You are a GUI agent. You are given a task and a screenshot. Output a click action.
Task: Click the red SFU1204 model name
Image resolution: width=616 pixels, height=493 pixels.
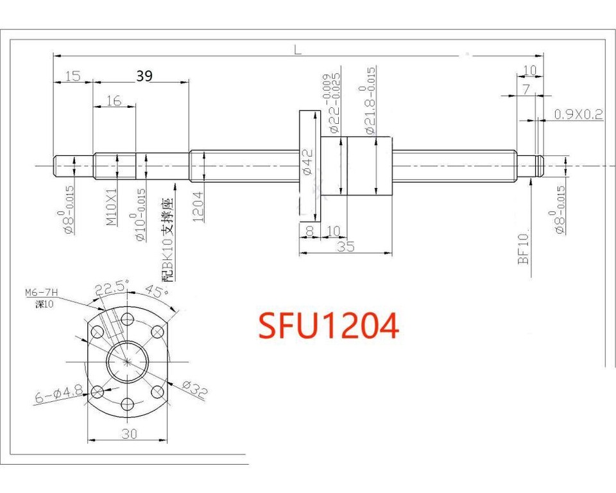[328, 326]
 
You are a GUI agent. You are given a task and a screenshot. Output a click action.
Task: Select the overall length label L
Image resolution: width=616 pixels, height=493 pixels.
[298, 50]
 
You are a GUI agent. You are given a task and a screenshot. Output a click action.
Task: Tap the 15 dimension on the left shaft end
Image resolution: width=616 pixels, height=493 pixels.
[73, 76]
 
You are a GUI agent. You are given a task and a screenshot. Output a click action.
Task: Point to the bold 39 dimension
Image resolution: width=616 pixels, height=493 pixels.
[144, 76]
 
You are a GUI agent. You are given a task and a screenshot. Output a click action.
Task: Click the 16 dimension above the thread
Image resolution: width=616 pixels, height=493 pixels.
[114, 100]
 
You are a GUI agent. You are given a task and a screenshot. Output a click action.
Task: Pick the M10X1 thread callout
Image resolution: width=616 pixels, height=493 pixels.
[111, 207]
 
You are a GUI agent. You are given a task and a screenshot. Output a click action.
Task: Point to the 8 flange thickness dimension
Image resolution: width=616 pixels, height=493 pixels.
[309, 231]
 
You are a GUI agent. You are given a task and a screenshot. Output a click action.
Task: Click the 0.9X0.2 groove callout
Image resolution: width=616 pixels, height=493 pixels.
[578, 114]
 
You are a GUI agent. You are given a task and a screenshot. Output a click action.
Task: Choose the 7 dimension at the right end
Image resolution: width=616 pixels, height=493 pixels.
[526, 90]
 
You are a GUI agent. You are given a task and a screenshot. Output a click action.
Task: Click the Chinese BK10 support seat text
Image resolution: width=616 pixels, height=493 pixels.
[167, 241]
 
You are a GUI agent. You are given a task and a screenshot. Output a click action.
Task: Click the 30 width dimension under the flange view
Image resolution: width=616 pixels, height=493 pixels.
[129, 434]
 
